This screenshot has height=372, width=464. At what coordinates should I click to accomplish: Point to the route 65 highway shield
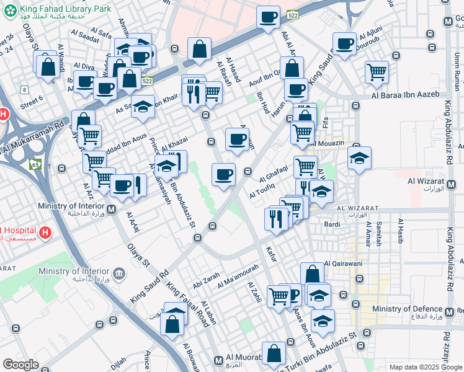click(x=34, y=164)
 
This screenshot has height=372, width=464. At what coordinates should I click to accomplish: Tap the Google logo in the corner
click(x=20, y=365)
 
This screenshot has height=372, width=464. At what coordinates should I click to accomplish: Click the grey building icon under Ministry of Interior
click(x=118, y=272)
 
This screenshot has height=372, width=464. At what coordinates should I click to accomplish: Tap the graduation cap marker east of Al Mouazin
click(x=359, y=158)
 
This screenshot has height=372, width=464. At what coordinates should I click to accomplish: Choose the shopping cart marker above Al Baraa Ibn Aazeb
click(x=377, y=73)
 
